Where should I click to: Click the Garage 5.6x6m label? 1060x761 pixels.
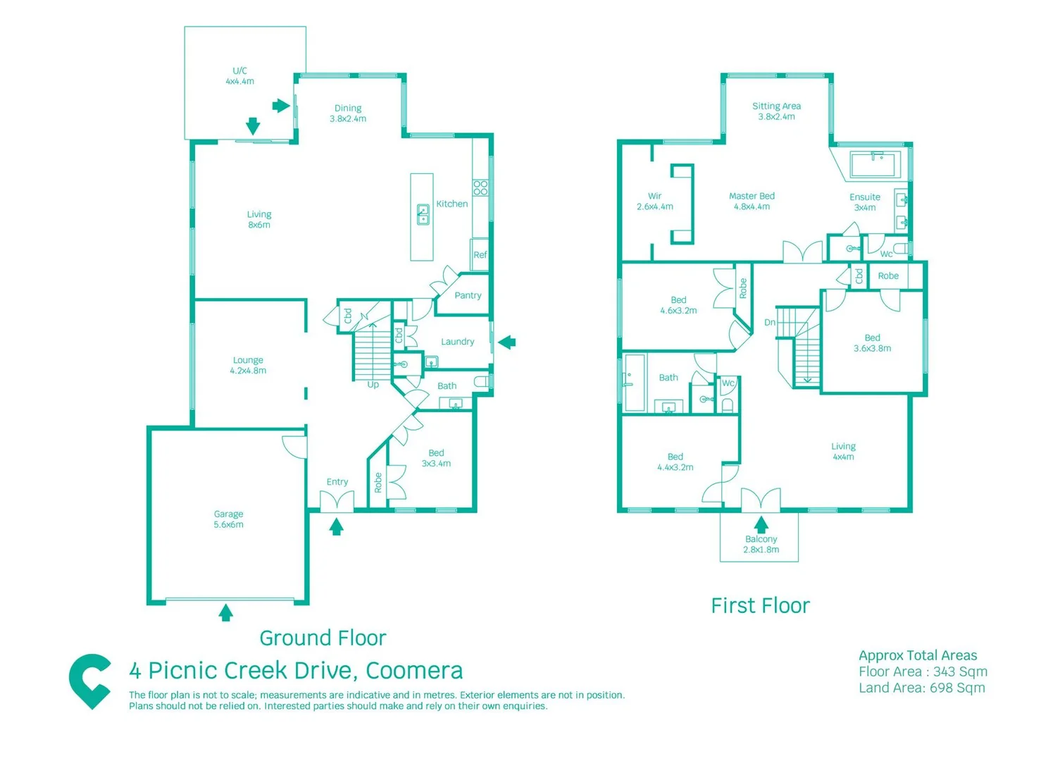pyautogui.click(x=228, y=519)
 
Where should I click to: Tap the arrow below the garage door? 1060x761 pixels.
pyautogui.click(x=225, y=612)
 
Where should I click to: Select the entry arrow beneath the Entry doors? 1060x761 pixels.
pyautogui.click(x=336, y=526)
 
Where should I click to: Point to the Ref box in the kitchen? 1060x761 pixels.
pyautogui.click(x=480, y=254)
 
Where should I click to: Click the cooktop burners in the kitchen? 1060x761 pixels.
pyautogui.click(x=480, y=187)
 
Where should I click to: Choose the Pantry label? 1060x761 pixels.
pyautogui.click(x=468, y=295)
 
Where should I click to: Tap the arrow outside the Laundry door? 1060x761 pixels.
pyautogui.click(x=507, y=342)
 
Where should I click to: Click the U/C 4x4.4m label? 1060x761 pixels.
pyautogui.click(x=239, y=76)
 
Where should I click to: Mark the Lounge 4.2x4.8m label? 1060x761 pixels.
pyautogui.click(x=248, y=365)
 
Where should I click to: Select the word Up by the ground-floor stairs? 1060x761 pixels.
pyautogui.click(x=373, y=385)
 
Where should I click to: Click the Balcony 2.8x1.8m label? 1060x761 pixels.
pyautogui.click(x=761, y=544)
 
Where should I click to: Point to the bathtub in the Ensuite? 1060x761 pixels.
pyautogui.click(x=874, y=165)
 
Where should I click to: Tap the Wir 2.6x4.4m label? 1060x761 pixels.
pyautogui.click(x=654, y=202)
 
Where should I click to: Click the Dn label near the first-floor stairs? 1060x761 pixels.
pyautogui.click(x=769, y=323)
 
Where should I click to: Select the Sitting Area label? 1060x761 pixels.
pyautogui.click(x=776, y=111)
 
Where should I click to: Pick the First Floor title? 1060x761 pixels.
pyautogui.click(x=760, y=606)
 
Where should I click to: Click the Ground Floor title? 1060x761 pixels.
pyautogui.click(x=323, y=638)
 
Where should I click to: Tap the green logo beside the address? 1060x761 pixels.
pyautogui.click(x=89, y=681)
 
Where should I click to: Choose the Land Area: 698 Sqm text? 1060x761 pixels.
pyautogui.click(x=921, y=688)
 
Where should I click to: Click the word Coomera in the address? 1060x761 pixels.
pyautogui.click(x=414, y=671)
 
